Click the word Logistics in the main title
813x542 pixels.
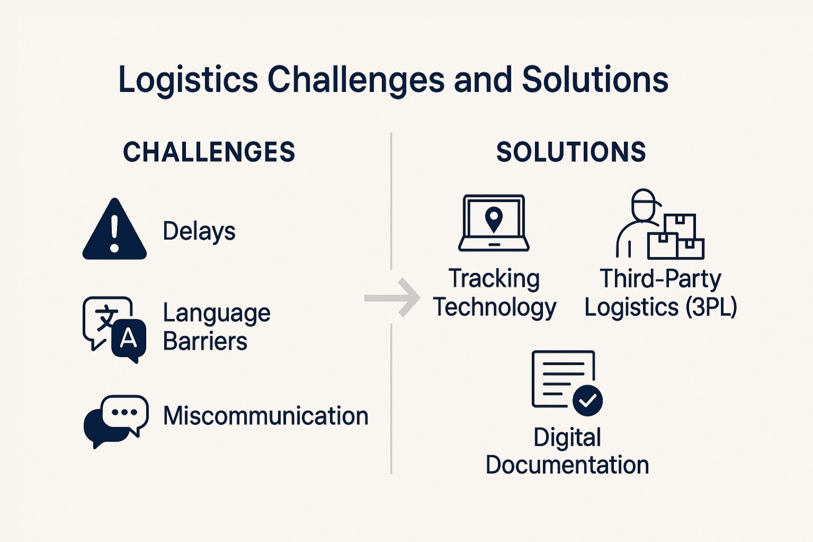click(x=188, y=80)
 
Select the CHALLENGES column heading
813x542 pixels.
click(x=209, y=152)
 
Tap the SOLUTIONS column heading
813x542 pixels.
click(x=571, y=152)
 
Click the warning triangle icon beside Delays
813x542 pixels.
click(x=114, y=231)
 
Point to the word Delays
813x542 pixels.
click(x=199, y=231)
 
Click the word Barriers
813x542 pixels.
click(x=205, y=341)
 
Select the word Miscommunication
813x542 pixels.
click(x=265, y=416)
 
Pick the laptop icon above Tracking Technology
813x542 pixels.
click(x=494, y=223)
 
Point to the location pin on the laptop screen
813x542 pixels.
click(x=494, y=219)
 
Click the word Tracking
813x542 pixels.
click(x=494, y=279)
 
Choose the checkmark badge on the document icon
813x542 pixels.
click(x=588, y=401)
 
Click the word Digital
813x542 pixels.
click(x=567, y=438)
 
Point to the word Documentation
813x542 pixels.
click(x=567, y=465)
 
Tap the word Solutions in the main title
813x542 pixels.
click(x=595, y=80)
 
